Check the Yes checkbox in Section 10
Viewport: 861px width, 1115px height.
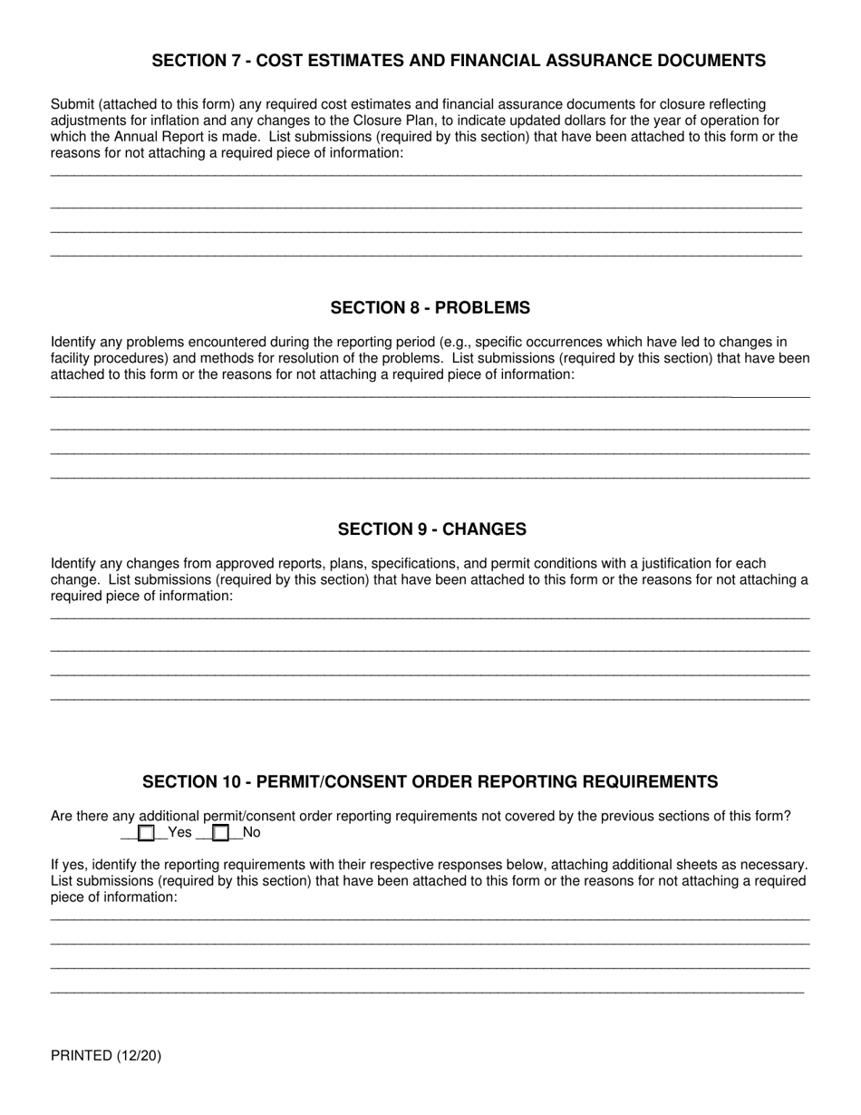tap(146, 833)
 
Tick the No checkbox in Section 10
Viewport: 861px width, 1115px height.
tap(220, 833)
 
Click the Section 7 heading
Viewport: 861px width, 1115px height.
tap(458, 61)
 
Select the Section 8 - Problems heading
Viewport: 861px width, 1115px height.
tap(430, 308)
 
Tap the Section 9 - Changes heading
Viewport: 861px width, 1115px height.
tap(431, 529)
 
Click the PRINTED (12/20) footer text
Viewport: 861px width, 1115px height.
tap(106, 1055)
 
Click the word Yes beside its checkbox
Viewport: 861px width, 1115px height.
tap(180, 832)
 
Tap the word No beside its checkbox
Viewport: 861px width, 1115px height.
tap(251, 832)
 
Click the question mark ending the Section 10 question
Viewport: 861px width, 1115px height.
tap(788, 816)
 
